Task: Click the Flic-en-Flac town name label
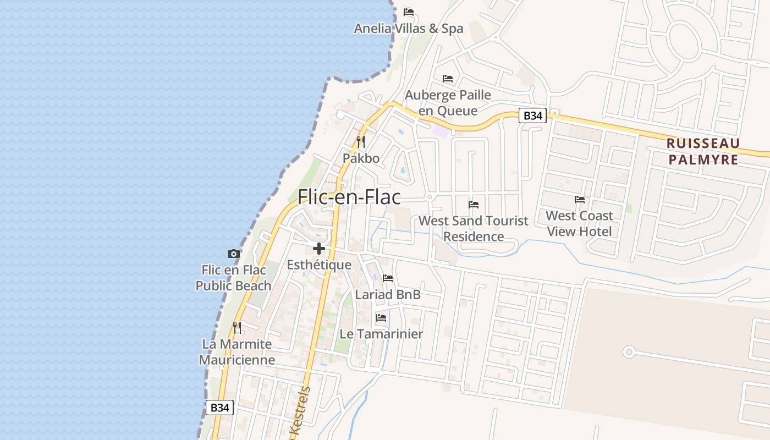pos(349,197)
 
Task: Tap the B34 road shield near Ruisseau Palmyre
pos(533,116)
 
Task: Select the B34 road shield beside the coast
pos(219,408)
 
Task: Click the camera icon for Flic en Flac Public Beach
pos(234,254)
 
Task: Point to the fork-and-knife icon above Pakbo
pos(361,141)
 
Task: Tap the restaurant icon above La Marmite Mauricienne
pos(237,328)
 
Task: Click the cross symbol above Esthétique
pos(319,249)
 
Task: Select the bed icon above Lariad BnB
pos(388,278)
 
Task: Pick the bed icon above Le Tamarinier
pos(381,318)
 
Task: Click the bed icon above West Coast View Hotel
pos(580,200)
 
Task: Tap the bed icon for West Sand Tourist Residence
pos(474,205)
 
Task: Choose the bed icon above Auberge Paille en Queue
pos(448,79)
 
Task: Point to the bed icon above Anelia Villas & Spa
pos(408,12)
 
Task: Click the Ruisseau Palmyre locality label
pos(702,151)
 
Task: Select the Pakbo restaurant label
pos(361,158)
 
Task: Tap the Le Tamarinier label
pos(381,334)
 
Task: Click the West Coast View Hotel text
pos(579,223)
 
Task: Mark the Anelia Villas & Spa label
pos(409,29)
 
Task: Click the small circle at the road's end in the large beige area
pos(629,351)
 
